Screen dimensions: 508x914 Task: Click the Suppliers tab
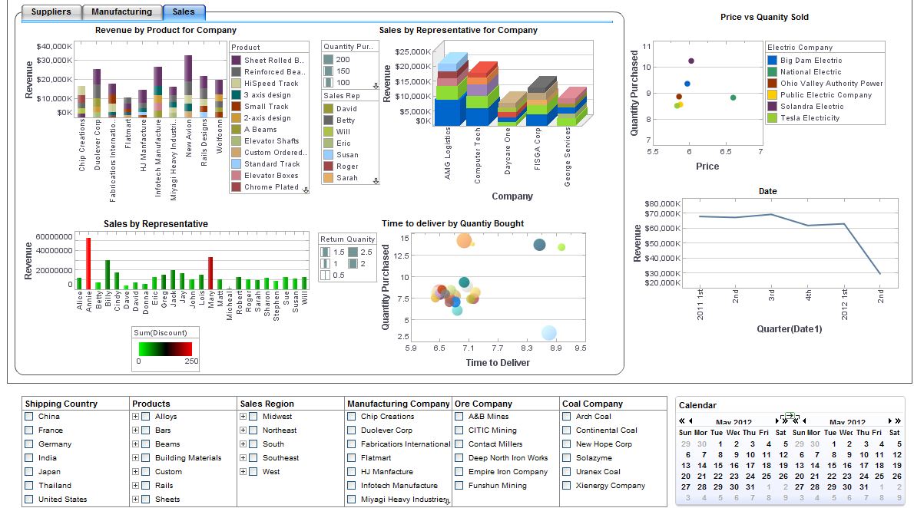(51, 12)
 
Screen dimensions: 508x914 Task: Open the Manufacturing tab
(121, 12)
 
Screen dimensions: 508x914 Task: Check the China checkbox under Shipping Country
(29, 417)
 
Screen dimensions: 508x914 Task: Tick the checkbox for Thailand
(29, 486)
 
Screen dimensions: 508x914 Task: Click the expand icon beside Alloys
(135, 417)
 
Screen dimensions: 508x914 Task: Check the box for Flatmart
(352, 458)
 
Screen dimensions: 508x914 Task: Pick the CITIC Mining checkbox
(459, 430)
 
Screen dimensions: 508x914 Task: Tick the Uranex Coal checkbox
(567, 472)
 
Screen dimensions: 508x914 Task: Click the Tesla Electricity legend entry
(810, 118)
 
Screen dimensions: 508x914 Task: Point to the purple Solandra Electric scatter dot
(691, 61)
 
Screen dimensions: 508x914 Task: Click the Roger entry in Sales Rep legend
(346, 166)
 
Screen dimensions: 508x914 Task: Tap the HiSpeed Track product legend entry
(271, 83)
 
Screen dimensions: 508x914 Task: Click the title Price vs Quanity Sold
(764, 17)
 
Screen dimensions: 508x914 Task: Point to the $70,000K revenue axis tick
(661, 216)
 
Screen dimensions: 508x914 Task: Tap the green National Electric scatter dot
(733, 97)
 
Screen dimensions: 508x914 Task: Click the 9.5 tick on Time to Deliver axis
(580, 348)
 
